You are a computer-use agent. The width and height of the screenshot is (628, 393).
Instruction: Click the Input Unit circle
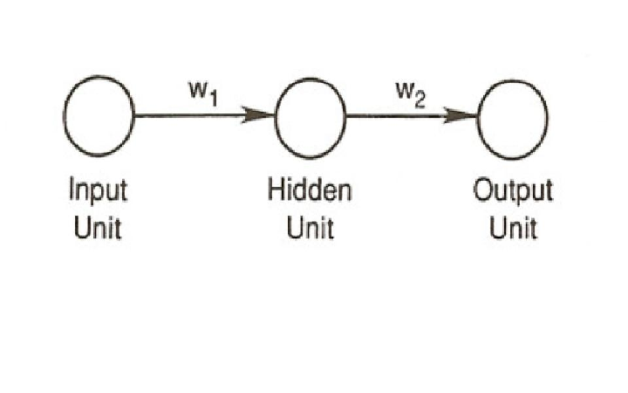[99, 116]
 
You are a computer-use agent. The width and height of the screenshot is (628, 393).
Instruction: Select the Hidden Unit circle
[310, 116]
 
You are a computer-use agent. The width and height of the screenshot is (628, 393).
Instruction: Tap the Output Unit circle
[512, 116]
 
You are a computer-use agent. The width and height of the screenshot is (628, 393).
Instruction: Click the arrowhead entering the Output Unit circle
[462, 116]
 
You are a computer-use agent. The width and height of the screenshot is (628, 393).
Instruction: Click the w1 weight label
[201, 92]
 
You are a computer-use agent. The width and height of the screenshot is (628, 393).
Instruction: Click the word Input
[98, 191]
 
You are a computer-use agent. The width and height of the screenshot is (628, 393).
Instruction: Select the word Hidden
[310, 191]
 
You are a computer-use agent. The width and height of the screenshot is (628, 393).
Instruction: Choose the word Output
[513, 191]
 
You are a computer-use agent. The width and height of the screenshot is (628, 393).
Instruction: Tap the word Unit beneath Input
[98, 228]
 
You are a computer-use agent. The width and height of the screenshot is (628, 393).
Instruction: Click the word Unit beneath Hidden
[310, 228]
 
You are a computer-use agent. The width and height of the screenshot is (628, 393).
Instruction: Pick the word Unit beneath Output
[514, 228]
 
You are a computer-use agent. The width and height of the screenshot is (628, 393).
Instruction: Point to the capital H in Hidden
[276, 190]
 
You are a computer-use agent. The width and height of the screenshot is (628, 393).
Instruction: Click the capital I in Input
[72, 190]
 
